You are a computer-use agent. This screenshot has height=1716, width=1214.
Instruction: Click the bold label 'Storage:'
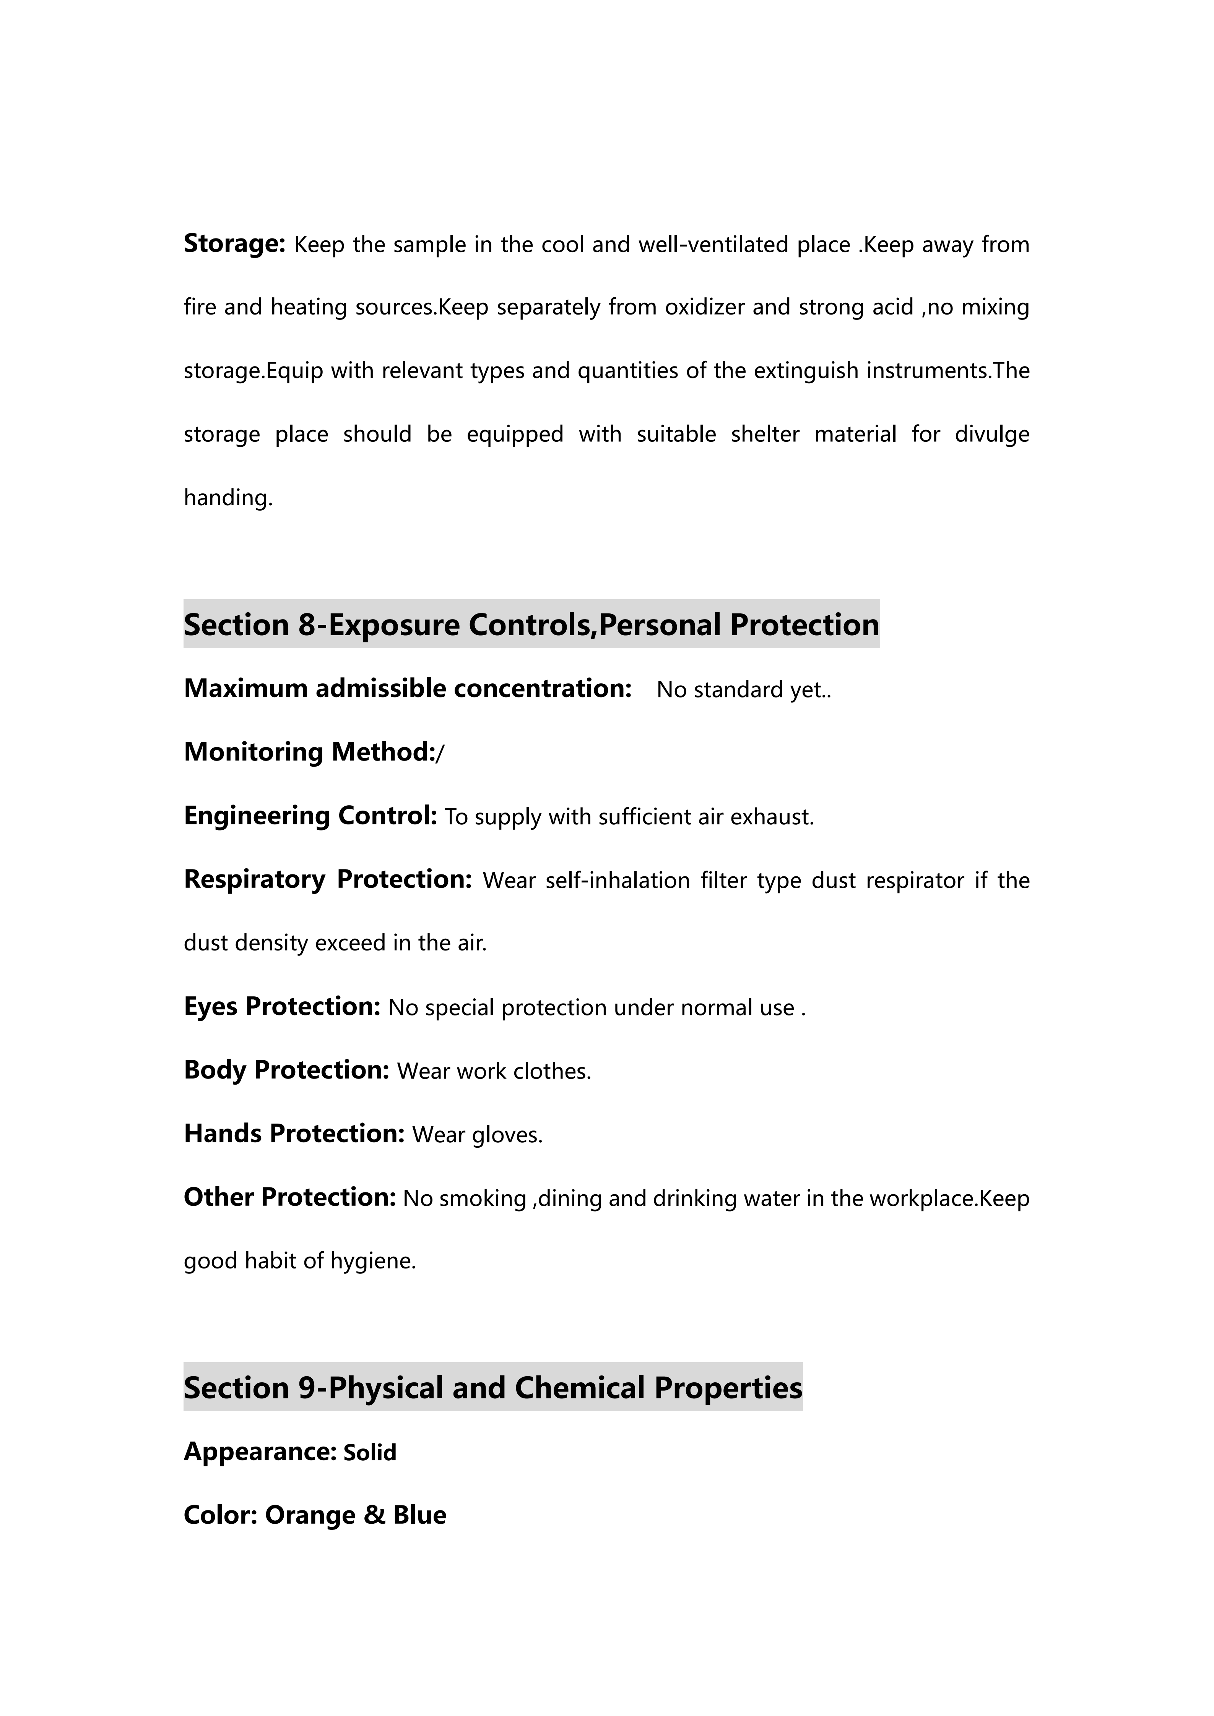(234, 244)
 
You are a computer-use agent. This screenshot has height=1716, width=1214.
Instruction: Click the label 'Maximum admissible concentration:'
(408, 688)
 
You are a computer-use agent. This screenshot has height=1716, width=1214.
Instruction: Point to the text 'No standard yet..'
(744, 690)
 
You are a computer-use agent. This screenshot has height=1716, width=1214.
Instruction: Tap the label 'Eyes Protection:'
(282, 1007)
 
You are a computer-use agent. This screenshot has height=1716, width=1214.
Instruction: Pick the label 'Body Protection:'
(286, 1070)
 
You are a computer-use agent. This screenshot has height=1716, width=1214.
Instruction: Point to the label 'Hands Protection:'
(294, 1134)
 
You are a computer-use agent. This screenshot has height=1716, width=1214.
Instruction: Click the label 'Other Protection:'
(289, 1197)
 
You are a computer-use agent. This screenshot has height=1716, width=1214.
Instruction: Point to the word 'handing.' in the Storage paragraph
(228, 498)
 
